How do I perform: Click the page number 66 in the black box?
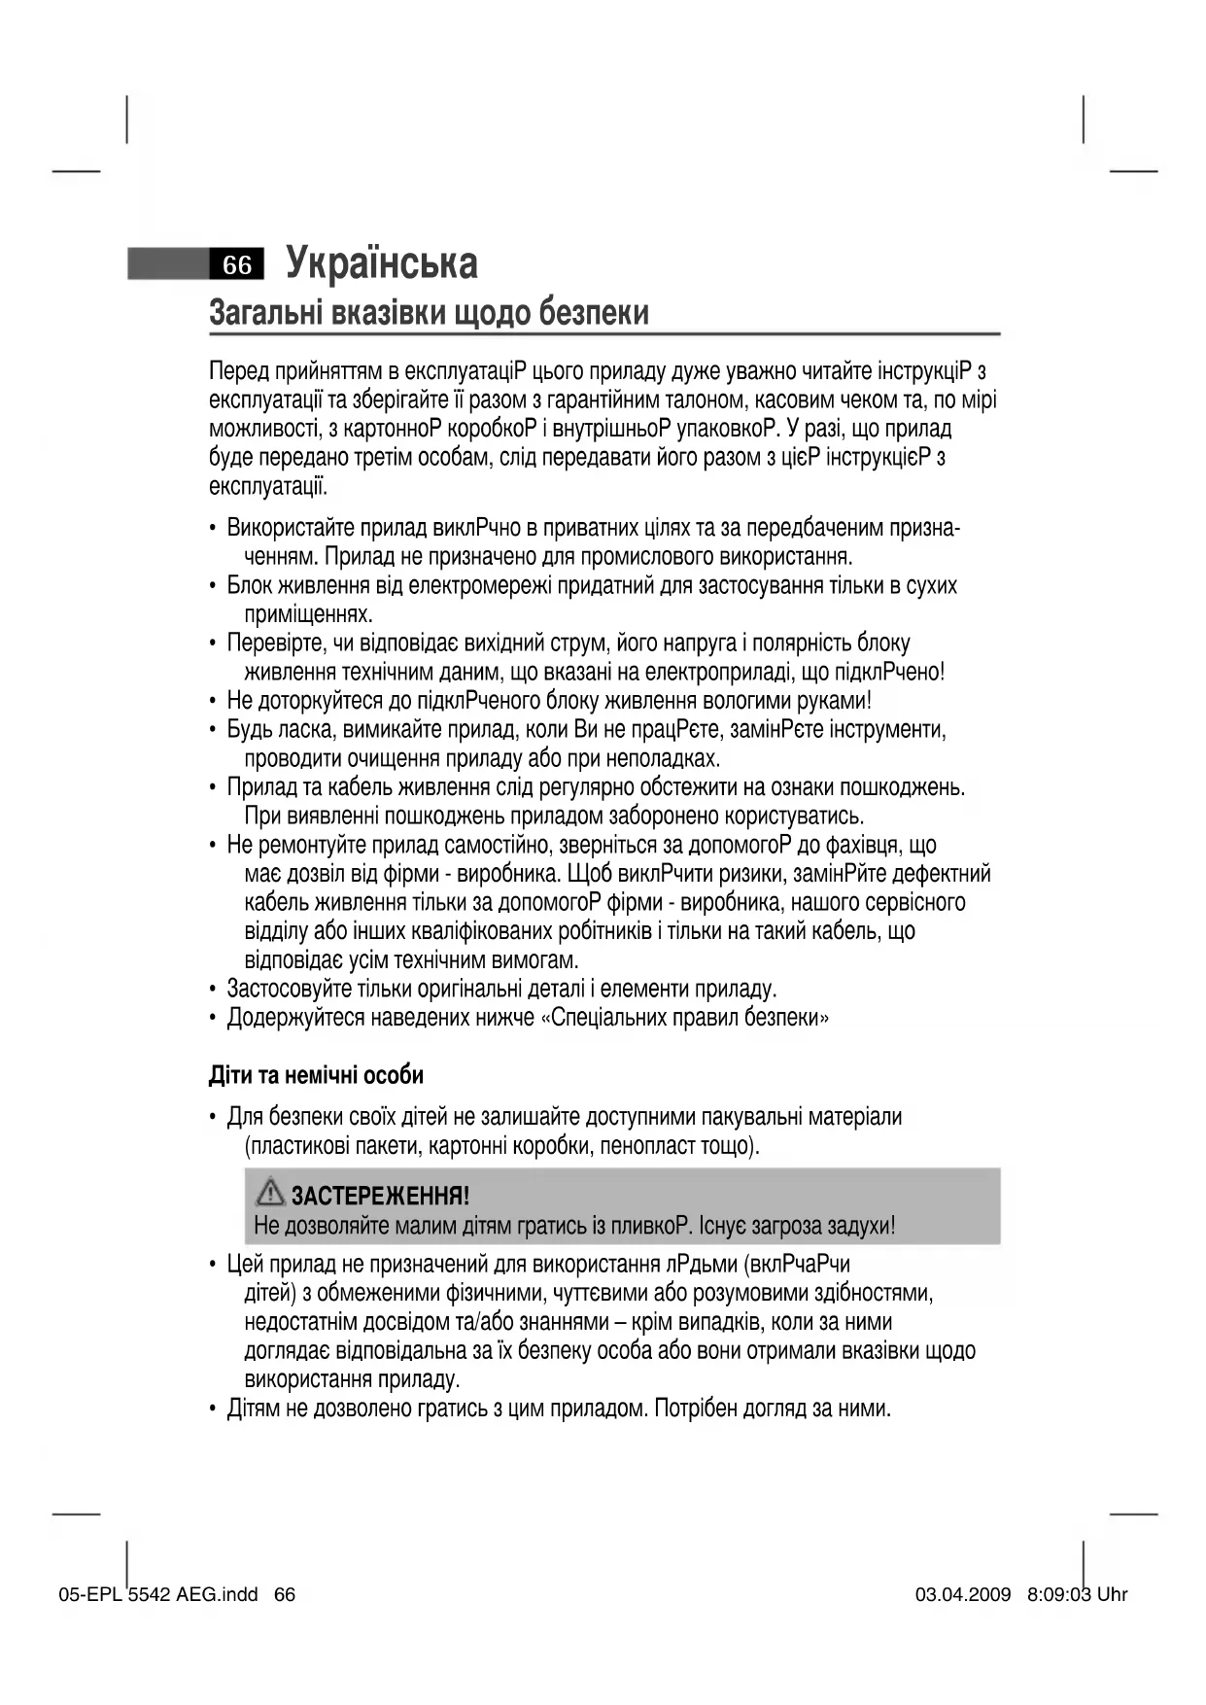237,264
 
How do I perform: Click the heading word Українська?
382,263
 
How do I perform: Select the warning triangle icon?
269,1192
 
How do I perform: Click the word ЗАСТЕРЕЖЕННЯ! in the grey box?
380,1196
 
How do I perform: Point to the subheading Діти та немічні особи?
316,1075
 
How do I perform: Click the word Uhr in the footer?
1112,1594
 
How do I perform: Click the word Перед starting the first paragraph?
238,371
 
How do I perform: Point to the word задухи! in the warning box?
857,1226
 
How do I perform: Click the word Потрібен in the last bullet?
694,1408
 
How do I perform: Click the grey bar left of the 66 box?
168,264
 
